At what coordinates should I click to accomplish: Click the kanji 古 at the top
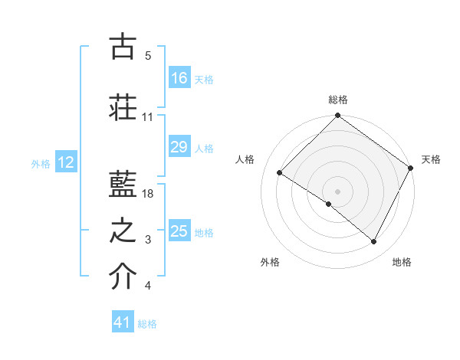pos(123,47)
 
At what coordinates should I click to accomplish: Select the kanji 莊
pos(123,107)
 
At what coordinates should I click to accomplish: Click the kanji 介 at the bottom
pos(123,277)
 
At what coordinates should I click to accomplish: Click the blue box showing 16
pos(179,78)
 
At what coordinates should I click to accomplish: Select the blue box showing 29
pos(179,148)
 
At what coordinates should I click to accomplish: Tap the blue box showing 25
pos(179,231)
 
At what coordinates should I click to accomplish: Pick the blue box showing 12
pos(65,162)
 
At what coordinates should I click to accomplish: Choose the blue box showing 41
pos(123,322)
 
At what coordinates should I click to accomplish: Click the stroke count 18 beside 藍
pos(149,194)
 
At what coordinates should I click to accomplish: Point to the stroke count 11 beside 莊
pos(148,117)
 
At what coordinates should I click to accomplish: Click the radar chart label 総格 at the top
pos(338,100)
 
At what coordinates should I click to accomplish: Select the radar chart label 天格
pos(431,159)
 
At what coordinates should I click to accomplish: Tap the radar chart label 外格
pos(270,262)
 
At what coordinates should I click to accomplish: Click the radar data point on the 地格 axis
pos(374,242)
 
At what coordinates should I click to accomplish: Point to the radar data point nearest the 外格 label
pos(329,204)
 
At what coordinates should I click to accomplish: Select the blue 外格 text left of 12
pos(41,163)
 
